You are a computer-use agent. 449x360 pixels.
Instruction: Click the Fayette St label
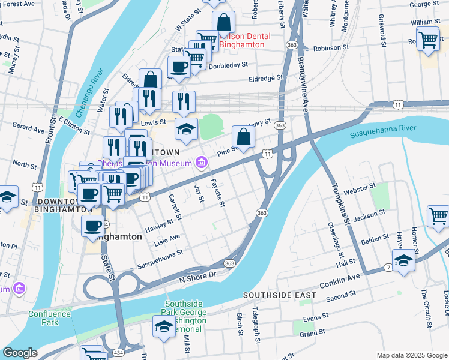tap(217, 193)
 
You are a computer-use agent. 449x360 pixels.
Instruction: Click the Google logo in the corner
tap(20, 353)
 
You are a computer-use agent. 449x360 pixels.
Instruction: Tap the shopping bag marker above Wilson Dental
tap(223, 23)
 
